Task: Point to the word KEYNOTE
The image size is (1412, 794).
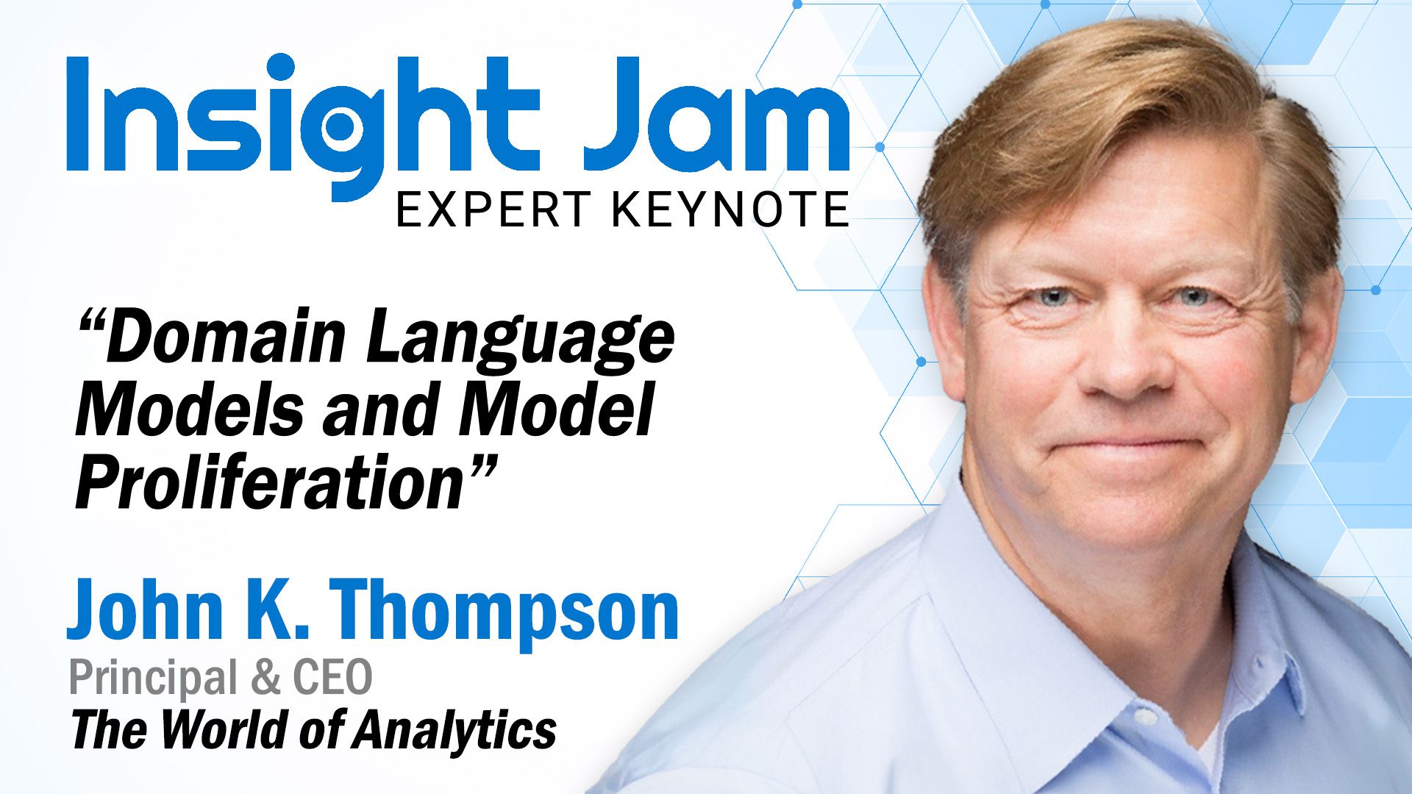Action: [730, 210]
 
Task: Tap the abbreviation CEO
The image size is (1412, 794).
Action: [332, 677]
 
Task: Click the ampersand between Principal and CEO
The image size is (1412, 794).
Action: [265, 677]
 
